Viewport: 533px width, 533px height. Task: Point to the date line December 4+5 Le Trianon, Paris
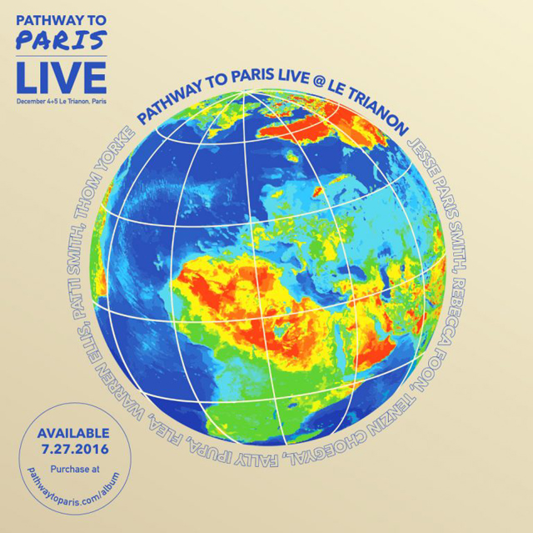(x=61, y=101)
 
